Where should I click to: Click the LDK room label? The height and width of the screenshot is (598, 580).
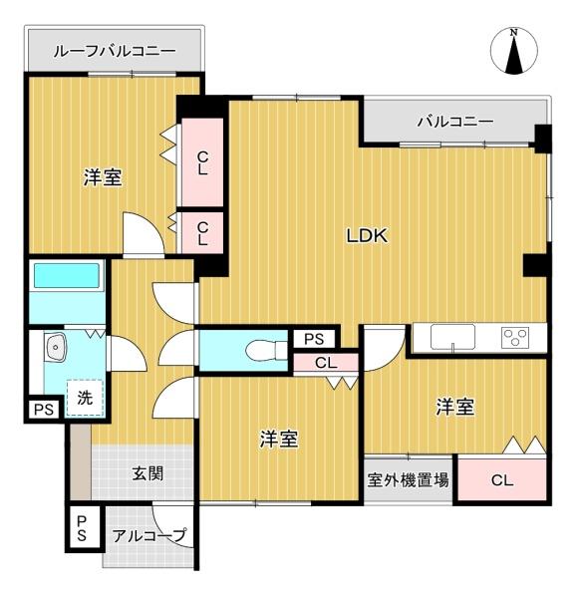[x=367, y=235]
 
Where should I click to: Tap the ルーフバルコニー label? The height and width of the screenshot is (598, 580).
[x=115, y=51]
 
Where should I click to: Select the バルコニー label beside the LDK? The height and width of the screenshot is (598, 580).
[x=455, y=122]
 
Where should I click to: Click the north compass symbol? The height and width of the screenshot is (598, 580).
[x=514, y=51]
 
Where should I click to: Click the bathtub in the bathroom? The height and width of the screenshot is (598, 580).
[x=67, y=275]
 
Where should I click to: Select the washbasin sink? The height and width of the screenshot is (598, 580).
[x=55, y=346]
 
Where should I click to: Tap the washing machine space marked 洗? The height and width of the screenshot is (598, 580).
[x=85, y=398]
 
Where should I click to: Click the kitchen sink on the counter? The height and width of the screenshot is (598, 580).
[x=452, y=337]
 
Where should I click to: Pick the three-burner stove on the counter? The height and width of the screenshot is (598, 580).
[x=516, y=337]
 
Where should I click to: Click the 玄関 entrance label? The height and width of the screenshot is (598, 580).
[x=147, y=474]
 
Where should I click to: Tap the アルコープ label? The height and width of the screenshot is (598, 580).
[x=149, y=535]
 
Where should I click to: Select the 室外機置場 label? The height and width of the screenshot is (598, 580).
[x=408, y=479]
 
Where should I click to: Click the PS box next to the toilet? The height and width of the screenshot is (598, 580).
[x=314, y=339]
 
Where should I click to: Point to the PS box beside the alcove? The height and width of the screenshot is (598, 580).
[x=82, y=528]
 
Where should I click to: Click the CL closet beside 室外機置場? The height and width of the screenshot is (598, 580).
[x=502, y=480]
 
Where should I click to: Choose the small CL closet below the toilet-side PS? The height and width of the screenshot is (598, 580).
[x=326, y=363]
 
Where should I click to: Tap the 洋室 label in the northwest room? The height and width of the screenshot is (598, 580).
[x=103, y=177]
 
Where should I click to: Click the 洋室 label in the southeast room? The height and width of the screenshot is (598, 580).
[x=455, y=407]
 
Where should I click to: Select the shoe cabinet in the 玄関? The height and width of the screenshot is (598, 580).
[x=81, y=461]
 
